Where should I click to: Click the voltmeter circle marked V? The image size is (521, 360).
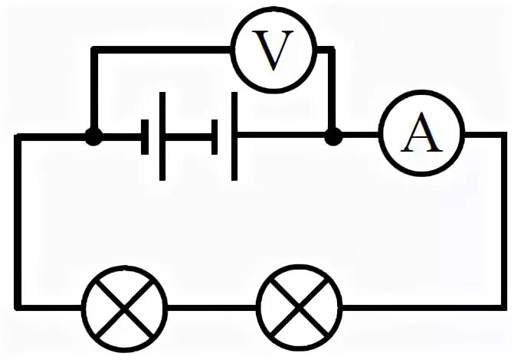[274, 51]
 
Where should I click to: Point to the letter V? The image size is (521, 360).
[274, 51]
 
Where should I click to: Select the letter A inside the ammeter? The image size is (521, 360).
[422, 136]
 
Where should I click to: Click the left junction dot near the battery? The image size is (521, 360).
[93, 137]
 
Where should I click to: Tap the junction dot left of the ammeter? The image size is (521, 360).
[333, 137]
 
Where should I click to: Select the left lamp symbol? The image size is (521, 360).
[125, 307]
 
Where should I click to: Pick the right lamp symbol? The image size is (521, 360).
[300, 307]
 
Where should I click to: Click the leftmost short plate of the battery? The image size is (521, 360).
[145, 138]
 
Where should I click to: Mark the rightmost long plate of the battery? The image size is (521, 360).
[234, 137]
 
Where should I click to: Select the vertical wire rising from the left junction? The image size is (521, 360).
[93, 92]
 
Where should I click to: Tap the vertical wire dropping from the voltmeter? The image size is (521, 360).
[333, 92]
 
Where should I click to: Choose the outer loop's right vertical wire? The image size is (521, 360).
[503, 222]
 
